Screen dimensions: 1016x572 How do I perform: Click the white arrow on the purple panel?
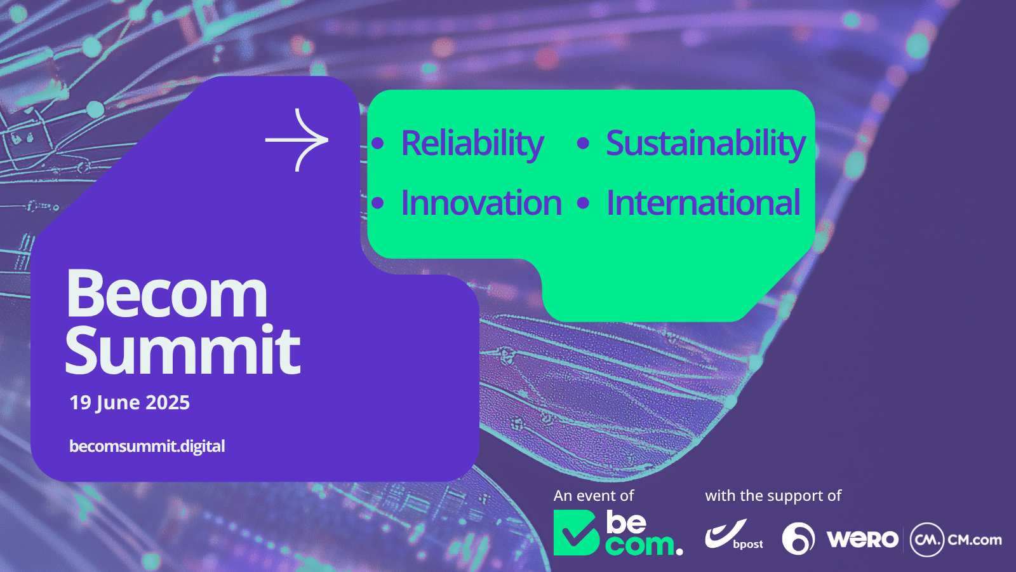[297, 140]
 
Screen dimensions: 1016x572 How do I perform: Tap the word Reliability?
[472, 144]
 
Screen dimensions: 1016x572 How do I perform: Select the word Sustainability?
[705, 144]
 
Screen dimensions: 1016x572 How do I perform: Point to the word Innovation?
[481, 203]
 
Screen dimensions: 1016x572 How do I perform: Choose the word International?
[703, 203]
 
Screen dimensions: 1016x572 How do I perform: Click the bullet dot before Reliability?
[377, 144]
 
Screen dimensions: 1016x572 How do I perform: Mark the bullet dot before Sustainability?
[583, 144]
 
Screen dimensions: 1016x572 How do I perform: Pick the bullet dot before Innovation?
[377, 203]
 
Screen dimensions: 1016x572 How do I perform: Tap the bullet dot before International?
[583, 203]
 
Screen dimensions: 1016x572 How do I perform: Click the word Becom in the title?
[167, 294]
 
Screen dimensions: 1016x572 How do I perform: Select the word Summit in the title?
[183, 350]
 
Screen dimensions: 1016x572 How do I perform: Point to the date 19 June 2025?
[130, 403]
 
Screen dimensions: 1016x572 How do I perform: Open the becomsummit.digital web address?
[147, 446]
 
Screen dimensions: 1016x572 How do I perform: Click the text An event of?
[593, 496]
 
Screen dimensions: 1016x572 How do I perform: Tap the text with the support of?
[773, 496]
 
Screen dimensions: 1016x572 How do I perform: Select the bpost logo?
[734, 535]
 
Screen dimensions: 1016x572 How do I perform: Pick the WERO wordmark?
[862, 540]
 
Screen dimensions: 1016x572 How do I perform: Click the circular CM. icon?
[927, 540]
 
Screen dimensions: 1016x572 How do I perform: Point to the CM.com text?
[975, 540]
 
